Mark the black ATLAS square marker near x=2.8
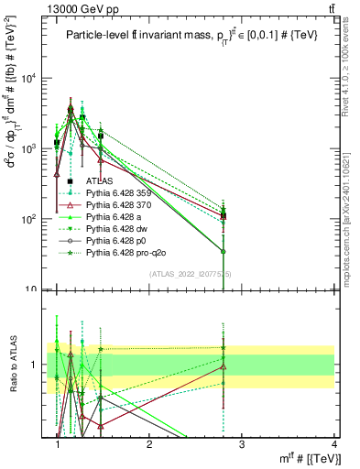click(x=223, y=216)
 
